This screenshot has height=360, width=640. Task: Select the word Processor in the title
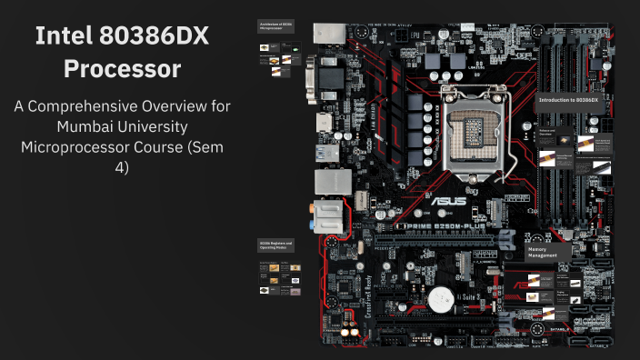123,69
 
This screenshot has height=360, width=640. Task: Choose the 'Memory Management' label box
546,252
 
